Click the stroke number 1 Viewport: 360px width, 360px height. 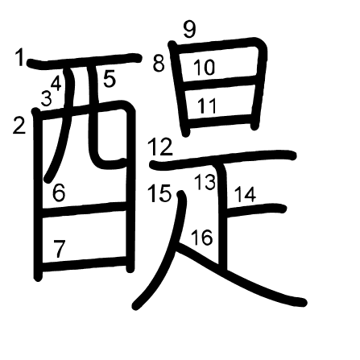pyautogui.click(x=19, y=57)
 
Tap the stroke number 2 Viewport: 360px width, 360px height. pyautogui.click(x=19, y=126)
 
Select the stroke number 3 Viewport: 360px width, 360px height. pyautogui.click(x=46, y=98)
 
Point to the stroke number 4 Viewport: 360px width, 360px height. pyautogui.click(x=56, y=83)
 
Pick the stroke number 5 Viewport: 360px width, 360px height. pyautogui.click(x=110, y=78)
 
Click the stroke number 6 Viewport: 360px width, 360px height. pyautogui.click(x=59, y=192)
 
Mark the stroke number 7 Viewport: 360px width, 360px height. pyautogui.click(x=60, y=249)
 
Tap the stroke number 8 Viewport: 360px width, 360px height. pyautogui.click(x=159, y=64)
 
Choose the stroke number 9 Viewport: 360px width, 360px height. pyautogui.click(x=190, y=29)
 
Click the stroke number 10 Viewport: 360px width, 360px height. pyautogui.click(x=204, y=67)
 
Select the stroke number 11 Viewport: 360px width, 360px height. pyautogui.click(x=207, y=106)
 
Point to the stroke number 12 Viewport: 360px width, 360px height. pyautogui.click(x=160, y=147)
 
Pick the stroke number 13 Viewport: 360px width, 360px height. pyautogui.click(x=205, y=182)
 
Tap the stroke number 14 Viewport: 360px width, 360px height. pyautogui.click(x=246, y=195)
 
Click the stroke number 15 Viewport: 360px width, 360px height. pyautogui.click(x=159, y=193)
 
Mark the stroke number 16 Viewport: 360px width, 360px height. pyautogui.click(x=202, y=238)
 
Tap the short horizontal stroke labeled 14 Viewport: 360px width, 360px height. pyautogui.click(x=254, y=210)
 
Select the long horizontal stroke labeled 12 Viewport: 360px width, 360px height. pyautogui.click(x=223, y=159)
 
